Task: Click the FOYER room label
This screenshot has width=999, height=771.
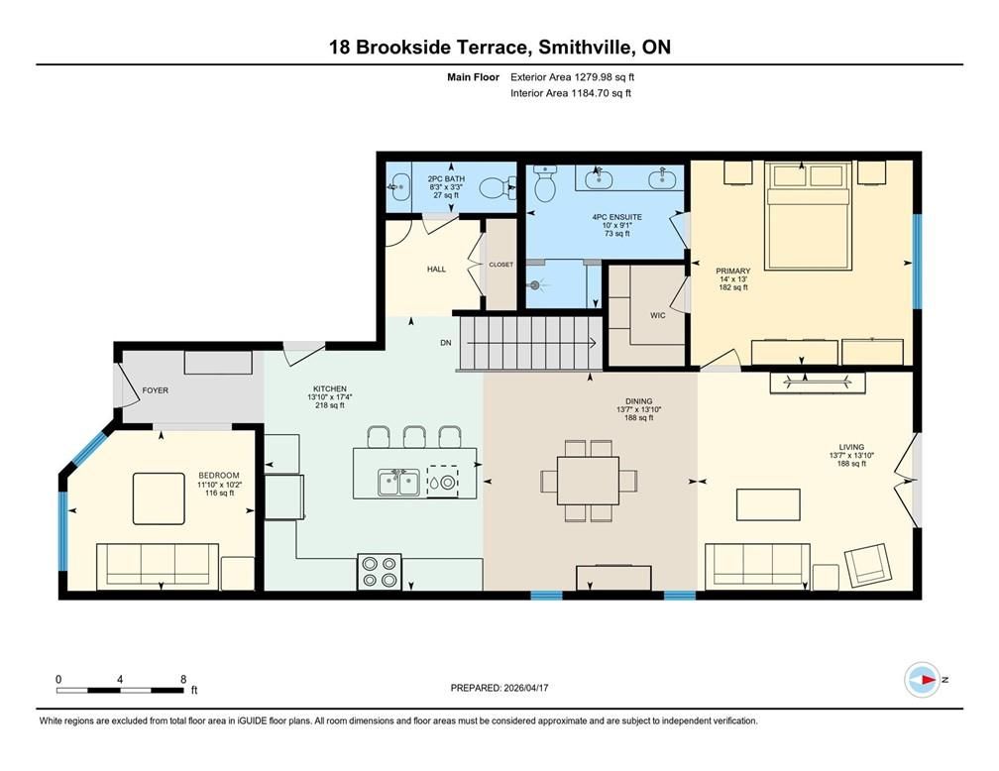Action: point(156,390)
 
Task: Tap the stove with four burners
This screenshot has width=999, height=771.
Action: point(379,571)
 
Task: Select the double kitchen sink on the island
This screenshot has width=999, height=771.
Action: point(397,483)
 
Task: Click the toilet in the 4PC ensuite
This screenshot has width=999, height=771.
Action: point(545,182)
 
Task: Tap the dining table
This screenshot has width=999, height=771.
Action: point(588,480)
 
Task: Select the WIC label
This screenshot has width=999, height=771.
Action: point(657,315)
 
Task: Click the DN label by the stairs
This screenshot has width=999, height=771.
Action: point(445,343)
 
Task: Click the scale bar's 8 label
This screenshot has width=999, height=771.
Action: point(183,679)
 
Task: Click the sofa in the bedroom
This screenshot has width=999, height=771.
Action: point(158,567)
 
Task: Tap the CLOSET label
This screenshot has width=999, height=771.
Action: point(501,265)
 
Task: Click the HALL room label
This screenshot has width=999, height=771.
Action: point(436,269)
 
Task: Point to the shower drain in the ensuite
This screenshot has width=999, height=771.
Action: point(536,284)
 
